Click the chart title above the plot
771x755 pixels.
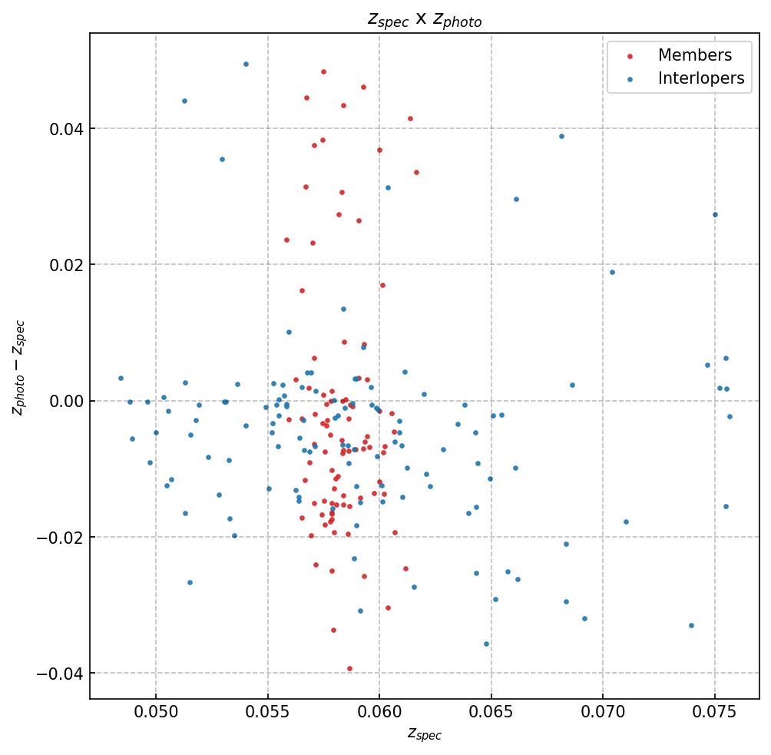click(x=424, y=20)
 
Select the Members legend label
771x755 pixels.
click(x=694, y=55)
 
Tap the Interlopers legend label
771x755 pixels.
click(x=700, y=78)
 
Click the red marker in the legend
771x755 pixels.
click(x=630, y=56)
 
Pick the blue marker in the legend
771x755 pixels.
click(x=630, y=79)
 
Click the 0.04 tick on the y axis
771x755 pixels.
click(x=66, y=128)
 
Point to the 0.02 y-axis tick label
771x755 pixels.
click(x=66, y=265)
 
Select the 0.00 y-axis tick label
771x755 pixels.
click(x=66, y=401)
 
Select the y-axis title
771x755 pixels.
click(x=18, y=367)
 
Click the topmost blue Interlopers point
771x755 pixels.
click(x=246, y=65)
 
